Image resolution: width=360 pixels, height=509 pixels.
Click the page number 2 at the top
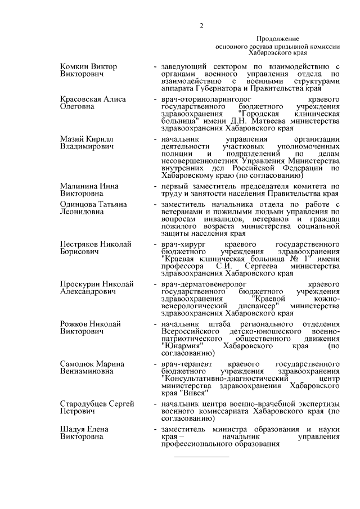point(201,26)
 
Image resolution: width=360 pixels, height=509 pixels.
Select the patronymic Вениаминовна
point(88,372)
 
